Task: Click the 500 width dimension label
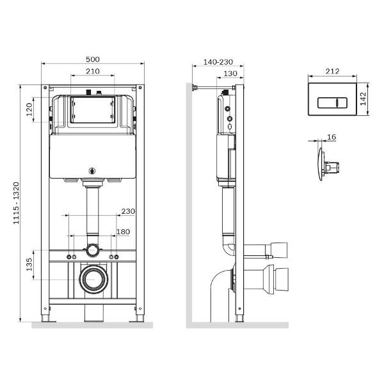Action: (x=93, y=60)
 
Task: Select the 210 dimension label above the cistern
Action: (x=93, y=71)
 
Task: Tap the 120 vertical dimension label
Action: (x=29, y=109)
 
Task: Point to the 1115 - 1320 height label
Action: (x=16, y=203)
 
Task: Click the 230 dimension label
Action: (x=128, y=211)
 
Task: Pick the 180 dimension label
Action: (x=123, y=232)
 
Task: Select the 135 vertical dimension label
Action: (x=29, y=264)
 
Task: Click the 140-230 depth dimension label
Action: (x=218, y=62)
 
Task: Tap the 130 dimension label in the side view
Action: (x=230, y=74)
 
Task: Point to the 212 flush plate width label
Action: (x=332, y=71)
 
